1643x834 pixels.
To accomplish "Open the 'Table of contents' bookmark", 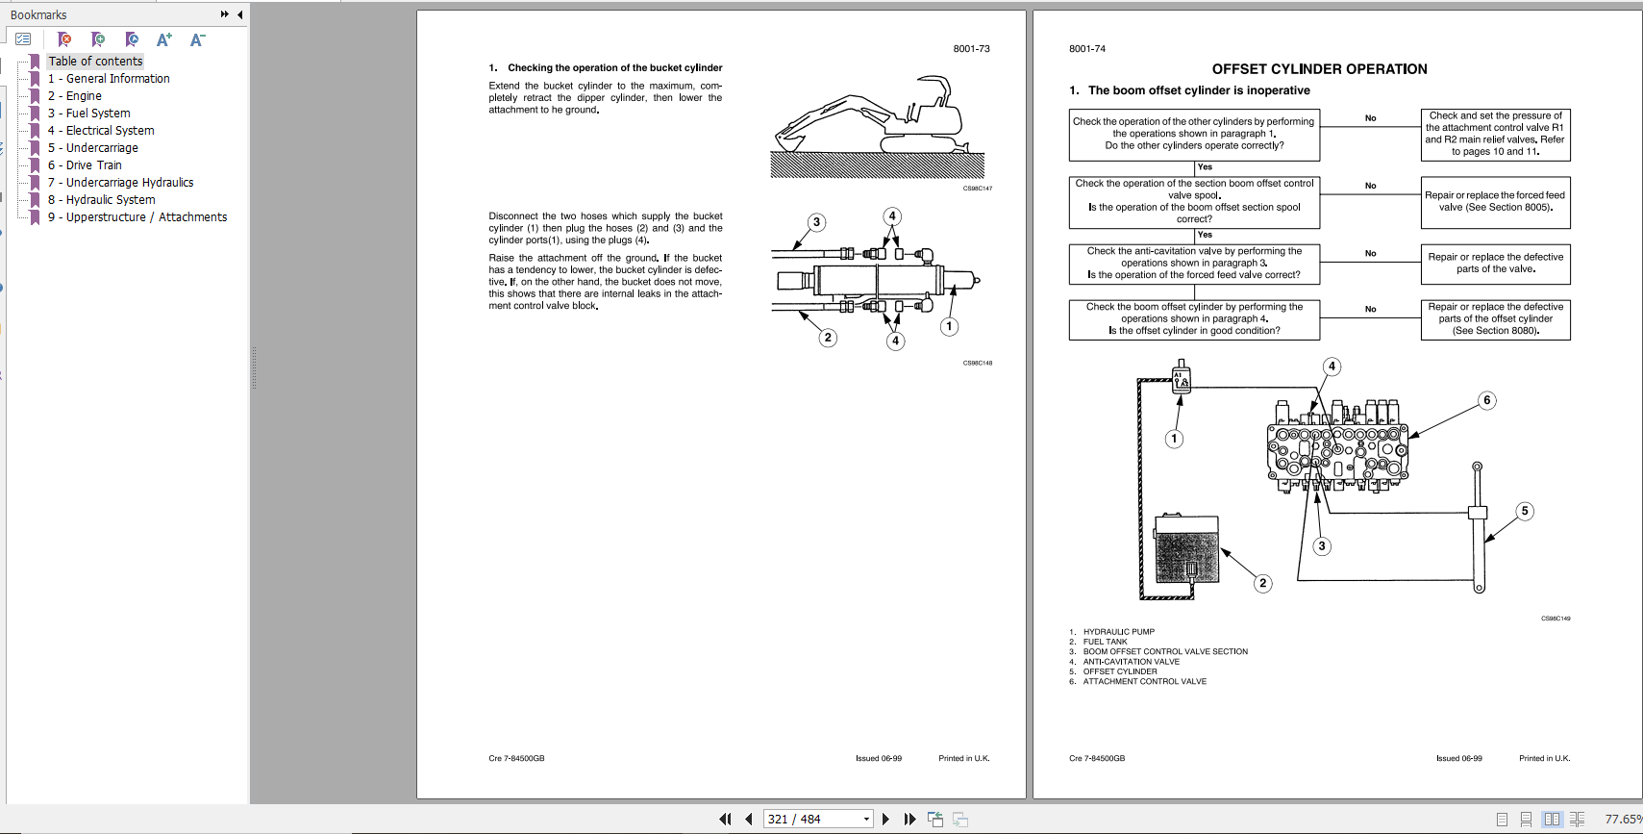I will click(95, 62).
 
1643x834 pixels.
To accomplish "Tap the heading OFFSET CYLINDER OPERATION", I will click(1319, 69).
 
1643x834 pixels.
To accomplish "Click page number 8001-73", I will click(971, 49).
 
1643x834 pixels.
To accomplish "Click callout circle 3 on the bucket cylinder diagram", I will click(816, 222).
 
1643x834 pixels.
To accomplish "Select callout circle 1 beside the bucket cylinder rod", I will click(949, 326).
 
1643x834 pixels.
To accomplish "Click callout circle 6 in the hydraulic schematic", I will click(1486, 400).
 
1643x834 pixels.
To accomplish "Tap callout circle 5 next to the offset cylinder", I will click(1524, 511).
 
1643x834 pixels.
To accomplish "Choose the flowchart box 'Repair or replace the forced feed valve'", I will click(1495, 202).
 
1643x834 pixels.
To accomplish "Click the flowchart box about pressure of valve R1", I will click(1495, 134).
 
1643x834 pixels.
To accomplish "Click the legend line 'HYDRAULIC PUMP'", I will click(1118, 632).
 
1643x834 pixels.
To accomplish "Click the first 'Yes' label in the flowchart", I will click(1205, 167).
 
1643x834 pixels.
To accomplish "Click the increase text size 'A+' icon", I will click(164, 39).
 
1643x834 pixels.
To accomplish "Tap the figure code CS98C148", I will click(977, 364).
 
